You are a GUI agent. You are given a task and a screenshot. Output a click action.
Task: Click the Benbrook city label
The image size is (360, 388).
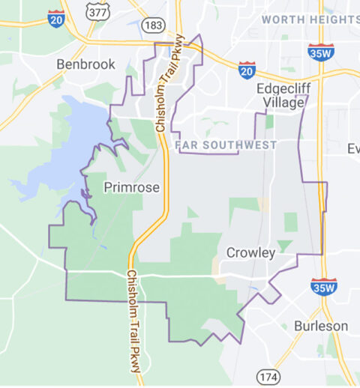pyautogui.click(x=86, y=64)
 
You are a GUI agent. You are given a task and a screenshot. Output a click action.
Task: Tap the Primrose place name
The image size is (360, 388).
pyautogui.click(x=132, y=187)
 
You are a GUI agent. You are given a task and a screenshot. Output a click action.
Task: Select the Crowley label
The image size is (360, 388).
pyautogui.click(x=250, y=252)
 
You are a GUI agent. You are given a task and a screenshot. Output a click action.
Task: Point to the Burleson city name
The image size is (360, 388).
pyautogui.click(x=321, y=326)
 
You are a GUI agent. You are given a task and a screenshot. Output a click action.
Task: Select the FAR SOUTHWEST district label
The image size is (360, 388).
pyautogui.click(x=226, y=145)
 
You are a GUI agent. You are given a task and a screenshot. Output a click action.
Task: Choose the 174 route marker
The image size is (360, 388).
pyautogui.click(x=268, y=375)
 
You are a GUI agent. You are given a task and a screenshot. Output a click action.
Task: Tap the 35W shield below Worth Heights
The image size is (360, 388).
pyautogui.click(x=321, y=51)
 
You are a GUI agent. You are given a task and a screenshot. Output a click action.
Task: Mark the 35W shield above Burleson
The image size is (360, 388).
pyautogui.click(x=324, y=285)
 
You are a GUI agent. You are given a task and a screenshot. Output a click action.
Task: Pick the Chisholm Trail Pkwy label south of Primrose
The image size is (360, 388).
pyautogui.click(x=133, y=320)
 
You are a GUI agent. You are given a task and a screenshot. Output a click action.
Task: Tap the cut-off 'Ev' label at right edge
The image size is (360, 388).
pyautogui.click(x=353, y=148)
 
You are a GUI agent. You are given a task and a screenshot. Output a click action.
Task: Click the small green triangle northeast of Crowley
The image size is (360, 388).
pyautogui.click(x=283, y=244)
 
